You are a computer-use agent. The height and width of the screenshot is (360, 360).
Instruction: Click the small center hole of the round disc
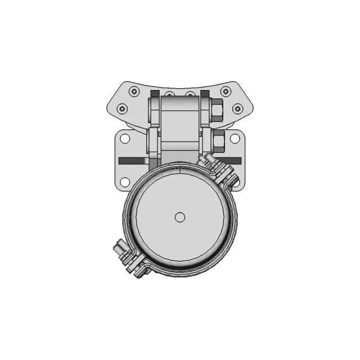click(x=180, y=217)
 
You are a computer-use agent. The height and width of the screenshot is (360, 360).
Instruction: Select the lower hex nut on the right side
click(x=218, y=140)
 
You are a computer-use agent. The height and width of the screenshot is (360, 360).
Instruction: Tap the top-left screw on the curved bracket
click(x=134, y=92)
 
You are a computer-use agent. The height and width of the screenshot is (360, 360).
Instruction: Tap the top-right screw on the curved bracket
click(x=226, y=92)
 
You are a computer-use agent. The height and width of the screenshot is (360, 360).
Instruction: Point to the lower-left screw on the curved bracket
click(x=122, y=109)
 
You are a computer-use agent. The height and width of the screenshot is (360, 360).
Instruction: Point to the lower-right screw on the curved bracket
click(x=237, y=109)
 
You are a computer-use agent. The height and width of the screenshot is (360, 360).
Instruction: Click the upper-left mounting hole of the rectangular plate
click(x=125, y=138)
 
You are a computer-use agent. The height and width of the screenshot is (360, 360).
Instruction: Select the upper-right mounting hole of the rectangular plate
click(x=236, y=138)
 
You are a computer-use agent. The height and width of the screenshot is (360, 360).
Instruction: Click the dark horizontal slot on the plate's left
click(x=132, y=160)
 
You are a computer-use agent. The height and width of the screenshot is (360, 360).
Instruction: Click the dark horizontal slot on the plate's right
click(x=231, y=160)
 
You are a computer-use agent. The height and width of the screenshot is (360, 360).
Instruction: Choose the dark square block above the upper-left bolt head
click(x=155, y=93)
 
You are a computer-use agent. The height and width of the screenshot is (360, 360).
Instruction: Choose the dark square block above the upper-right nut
click(x=205, y=93)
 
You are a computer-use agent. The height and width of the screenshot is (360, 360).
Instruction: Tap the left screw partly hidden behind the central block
click(x=168, y=93)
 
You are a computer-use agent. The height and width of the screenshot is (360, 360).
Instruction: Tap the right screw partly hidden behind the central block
click(x=191, y=93)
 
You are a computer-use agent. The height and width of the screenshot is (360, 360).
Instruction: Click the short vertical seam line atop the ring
click(x=179, y=167)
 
